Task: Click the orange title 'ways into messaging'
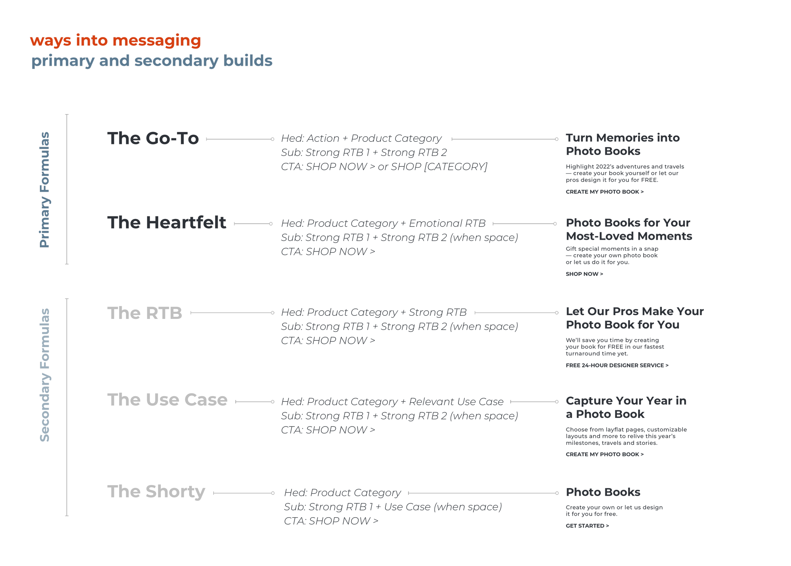point(115,40)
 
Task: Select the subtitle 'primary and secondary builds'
point(152,61)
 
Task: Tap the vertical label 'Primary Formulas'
point(45,190)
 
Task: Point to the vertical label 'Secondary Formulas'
point(45,375)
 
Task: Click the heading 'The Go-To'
point(153,138)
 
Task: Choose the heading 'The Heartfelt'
point(166,223)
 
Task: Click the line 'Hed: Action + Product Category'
point(361,138)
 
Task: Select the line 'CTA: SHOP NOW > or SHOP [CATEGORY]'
point(384,167)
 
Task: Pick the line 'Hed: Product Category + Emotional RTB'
point(383,223)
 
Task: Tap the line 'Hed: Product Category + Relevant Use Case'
point(392,402)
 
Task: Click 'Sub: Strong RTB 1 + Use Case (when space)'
point(392,507)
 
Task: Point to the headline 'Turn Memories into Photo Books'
point(622,144)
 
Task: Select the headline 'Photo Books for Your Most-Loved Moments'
point(629,229)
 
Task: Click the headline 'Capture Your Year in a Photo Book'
point(626,407)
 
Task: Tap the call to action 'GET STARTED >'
point(587,526)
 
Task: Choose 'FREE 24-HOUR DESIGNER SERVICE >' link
point(617,365)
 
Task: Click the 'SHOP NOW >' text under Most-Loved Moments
point(584,274)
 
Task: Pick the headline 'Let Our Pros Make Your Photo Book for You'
point(634,318)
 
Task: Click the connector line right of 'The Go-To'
point(240,139)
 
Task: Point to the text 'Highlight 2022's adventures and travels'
point(625,167)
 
